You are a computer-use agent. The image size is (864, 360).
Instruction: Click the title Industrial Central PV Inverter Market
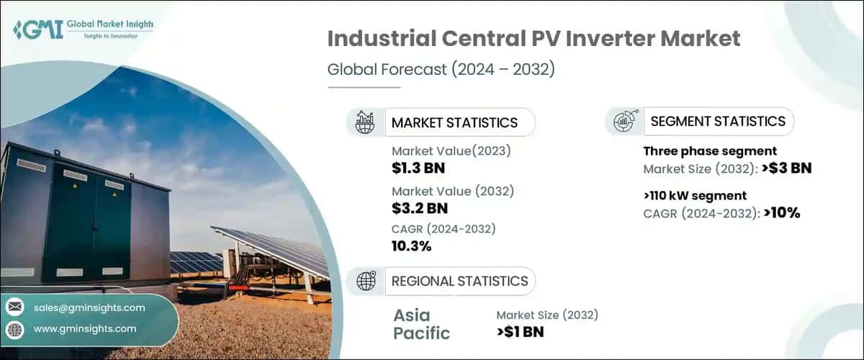pos(534,40)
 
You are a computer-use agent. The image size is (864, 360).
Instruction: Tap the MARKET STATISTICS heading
pos(454,122)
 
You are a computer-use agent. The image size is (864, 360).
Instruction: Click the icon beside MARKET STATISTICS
pos(365,122)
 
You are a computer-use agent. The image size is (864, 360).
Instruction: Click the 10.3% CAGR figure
pos(411,246)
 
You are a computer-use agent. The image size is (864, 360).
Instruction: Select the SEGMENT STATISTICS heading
pos(717,122)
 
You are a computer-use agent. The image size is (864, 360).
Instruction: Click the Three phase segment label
pos(709,151)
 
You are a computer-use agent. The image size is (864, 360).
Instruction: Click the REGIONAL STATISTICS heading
pos(459,282)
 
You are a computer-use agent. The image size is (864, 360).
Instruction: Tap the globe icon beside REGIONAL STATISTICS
pos(365,282)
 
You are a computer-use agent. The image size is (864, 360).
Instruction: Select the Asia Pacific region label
pos(422,324)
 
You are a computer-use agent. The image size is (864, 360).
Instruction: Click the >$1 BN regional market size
pos(521,332)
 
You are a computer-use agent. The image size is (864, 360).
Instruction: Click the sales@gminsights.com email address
pos(89,307)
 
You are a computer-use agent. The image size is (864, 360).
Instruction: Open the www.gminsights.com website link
pos(85,328)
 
